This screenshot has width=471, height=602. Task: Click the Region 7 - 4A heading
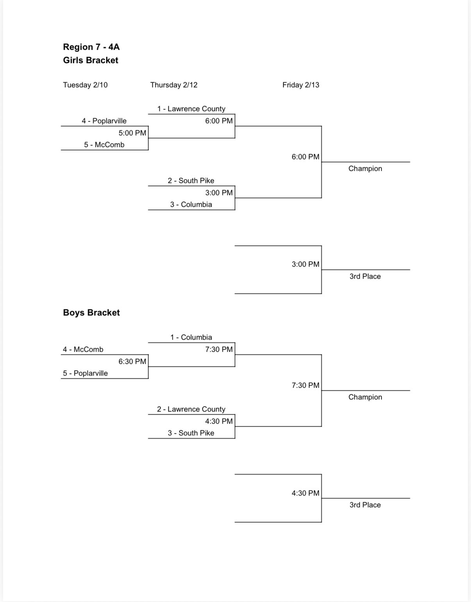point(91,47)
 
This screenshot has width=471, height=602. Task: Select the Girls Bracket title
point(91,60)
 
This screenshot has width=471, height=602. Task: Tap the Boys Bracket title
point(91,313)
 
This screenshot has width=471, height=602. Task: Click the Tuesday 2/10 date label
point(85,85)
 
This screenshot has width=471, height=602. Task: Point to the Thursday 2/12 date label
point(174,85)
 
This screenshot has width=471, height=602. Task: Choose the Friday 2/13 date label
point(301,85)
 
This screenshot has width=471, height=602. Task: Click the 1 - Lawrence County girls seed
point(191,109)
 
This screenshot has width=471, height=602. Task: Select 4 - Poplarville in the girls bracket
point(104,121)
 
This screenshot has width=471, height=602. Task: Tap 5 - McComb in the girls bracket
point(104,145)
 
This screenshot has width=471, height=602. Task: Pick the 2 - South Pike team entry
point(191,181)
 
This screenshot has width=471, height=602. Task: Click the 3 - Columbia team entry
point(191,205)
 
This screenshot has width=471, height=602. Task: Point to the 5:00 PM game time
point(132,133)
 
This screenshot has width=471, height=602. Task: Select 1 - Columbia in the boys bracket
point(191,338)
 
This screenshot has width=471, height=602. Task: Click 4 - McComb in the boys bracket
point(83,350)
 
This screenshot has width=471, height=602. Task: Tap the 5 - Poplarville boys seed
point(85,373)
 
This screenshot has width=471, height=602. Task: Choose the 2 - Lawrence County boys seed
point(191,409)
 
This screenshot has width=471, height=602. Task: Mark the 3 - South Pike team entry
point(191,433)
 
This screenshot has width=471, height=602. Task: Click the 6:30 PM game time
point(132,362)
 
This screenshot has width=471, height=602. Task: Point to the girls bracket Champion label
point(365,169)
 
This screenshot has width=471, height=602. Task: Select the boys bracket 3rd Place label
point(365,505)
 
